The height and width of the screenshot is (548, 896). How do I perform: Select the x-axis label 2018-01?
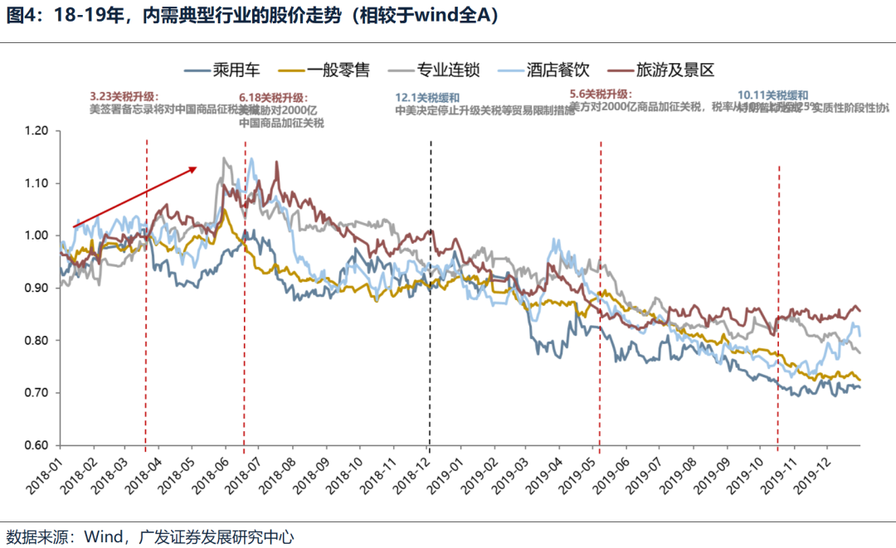pyautogui.click(x=44, y=476)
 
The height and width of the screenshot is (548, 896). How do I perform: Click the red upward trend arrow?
pyautogui.click(x=135, y=196)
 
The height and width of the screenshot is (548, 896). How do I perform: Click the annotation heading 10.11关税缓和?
pyautogui.click(x=772, y=95)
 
